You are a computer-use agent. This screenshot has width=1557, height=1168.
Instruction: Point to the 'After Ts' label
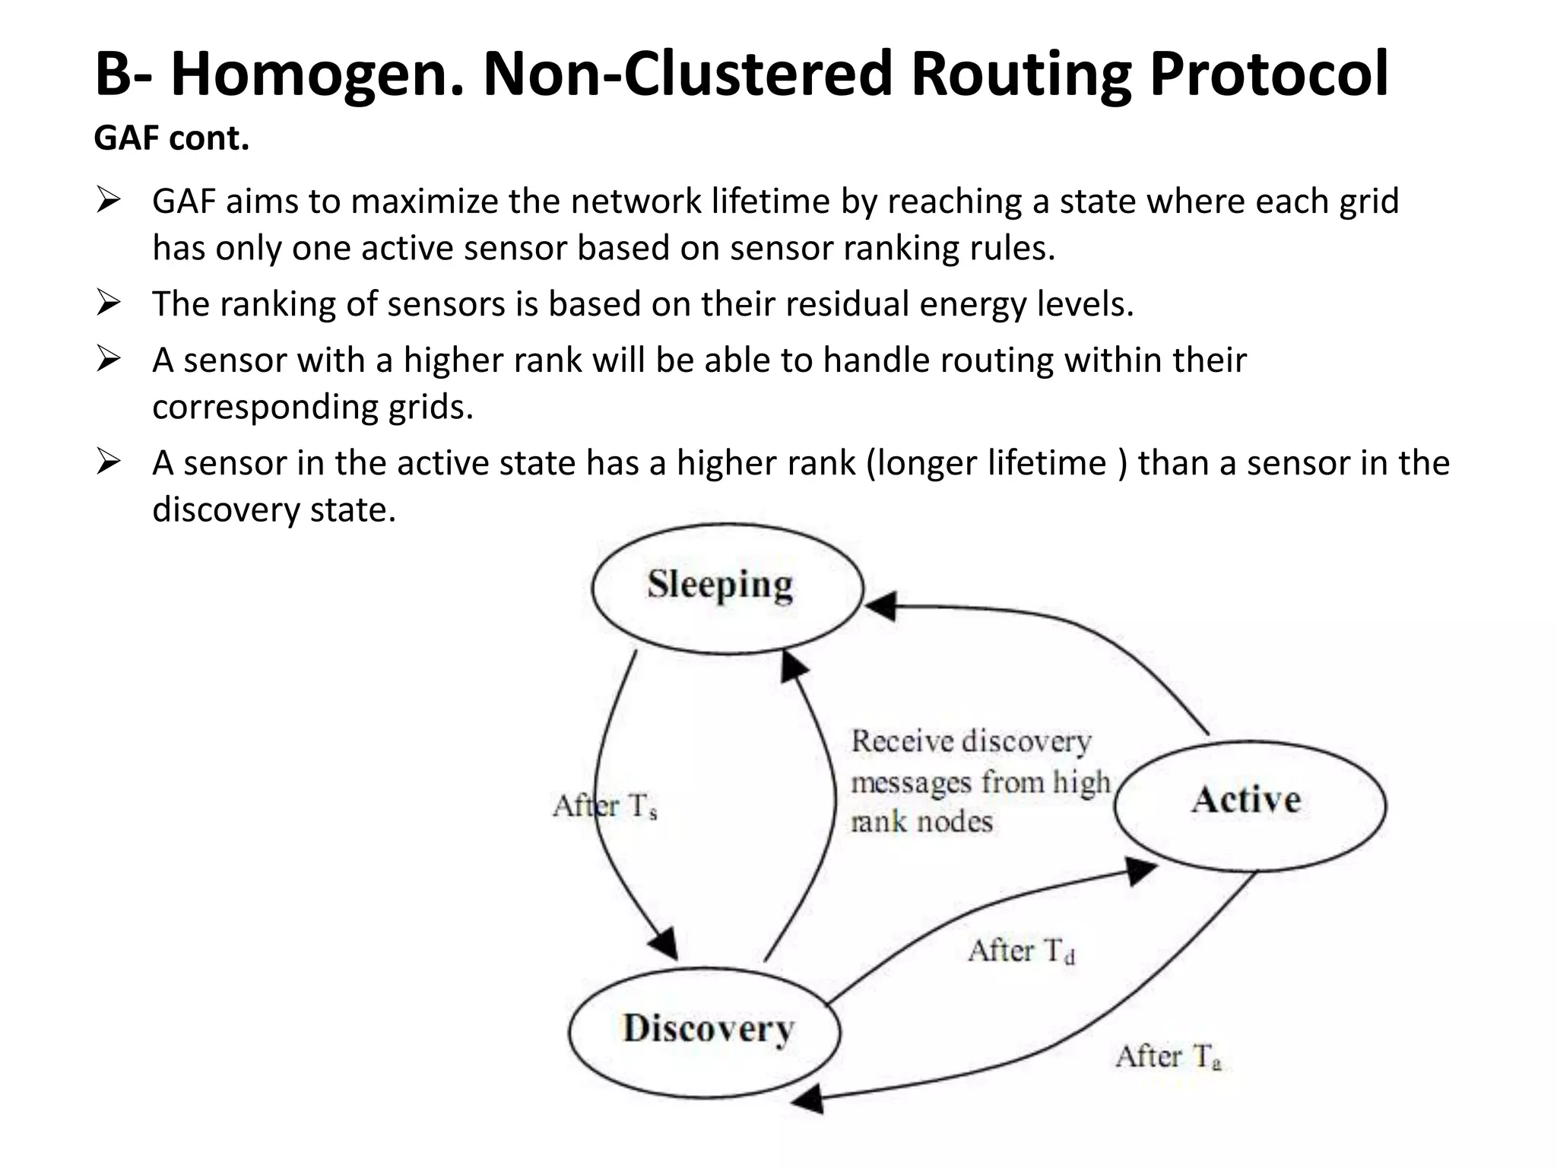pos(605,806)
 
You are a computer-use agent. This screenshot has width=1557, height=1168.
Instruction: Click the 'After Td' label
pos(1021,951)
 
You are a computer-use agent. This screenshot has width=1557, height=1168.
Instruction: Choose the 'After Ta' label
pos(1169,1057)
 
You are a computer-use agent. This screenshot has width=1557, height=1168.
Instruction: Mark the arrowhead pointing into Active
pos(1140,870)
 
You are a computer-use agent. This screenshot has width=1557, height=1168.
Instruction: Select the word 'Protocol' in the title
pos(1268,75)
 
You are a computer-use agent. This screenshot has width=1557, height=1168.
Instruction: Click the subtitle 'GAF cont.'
pos(172,139)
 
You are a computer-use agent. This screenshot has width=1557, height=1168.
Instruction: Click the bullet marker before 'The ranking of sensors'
pos(109,304)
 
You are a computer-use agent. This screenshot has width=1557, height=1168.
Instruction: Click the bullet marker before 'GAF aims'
pos(109,202)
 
